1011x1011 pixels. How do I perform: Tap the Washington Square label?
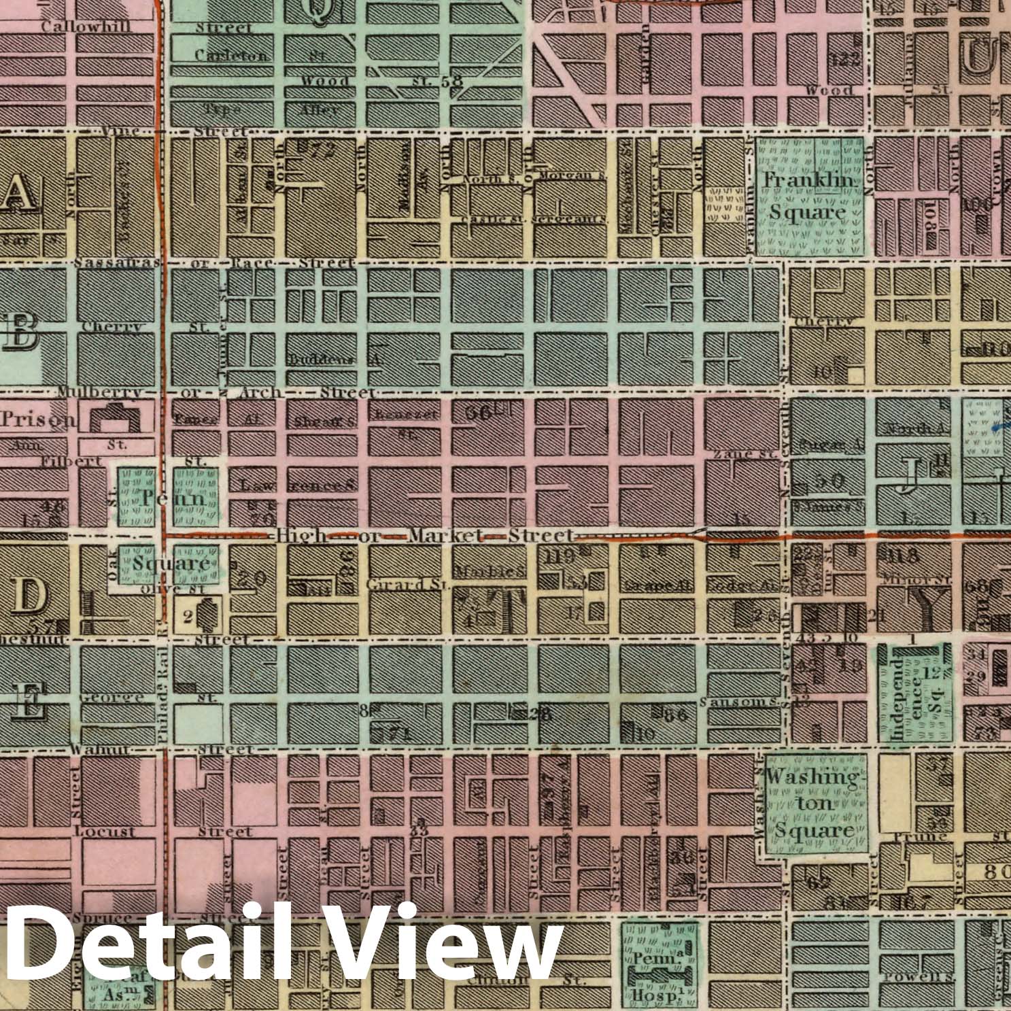811,803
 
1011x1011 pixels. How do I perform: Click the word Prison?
38,419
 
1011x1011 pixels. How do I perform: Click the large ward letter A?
18,193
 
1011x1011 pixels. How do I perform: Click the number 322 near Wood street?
845,59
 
